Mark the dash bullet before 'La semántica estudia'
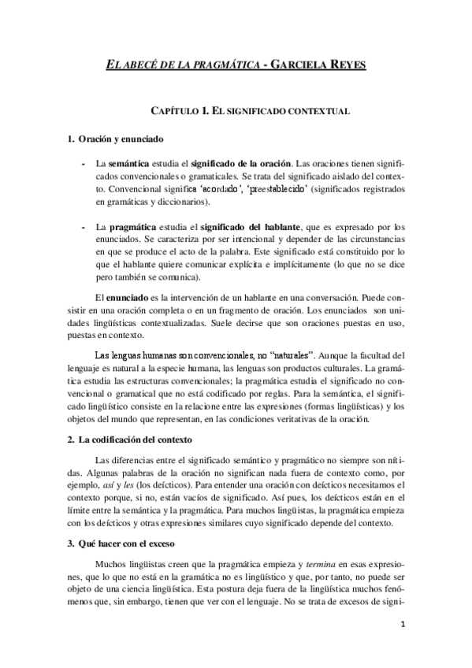84,164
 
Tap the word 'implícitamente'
288,266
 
